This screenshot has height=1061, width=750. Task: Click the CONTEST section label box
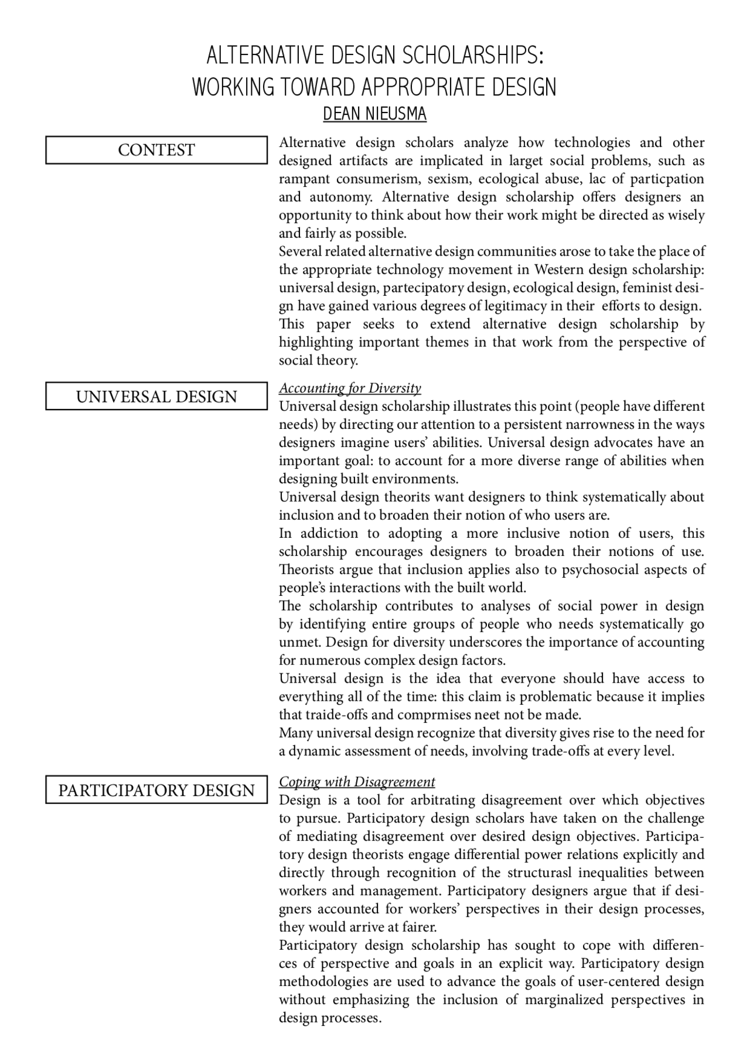156,150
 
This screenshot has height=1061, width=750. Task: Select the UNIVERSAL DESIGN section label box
156,397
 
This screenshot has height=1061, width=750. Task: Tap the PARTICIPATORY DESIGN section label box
156,790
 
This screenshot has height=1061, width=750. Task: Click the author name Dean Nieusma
374,114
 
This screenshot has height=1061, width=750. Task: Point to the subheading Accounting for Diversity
350,388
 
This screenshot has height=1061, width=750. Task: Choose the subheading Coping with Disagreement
357,782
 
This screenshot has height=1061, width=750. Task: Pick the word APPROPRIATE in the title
422,87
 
